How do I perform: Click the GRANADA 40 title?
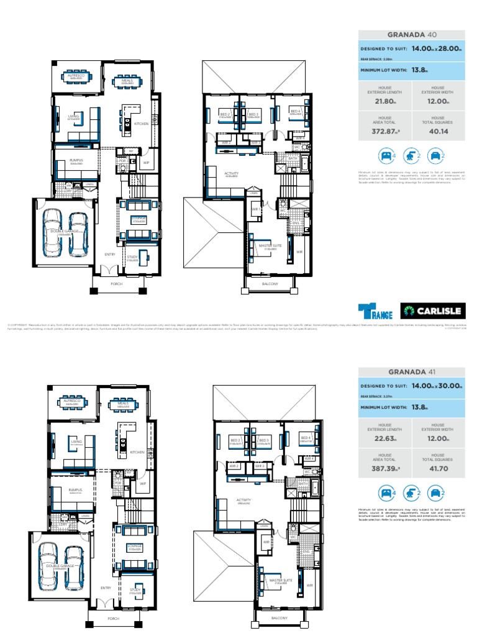411,35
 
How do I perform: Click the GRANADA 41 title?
411,372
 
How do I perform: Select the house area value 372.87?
384,131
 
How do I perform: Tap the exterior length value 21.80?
384,101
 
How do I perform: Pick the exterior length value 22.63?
384,438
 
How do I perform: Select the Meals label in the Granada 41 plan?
123,402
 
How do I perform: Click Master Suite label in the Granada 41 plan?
277,581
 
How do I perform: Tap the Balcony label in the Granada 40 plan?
270,284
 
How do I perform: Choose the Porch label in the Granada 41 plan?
112,619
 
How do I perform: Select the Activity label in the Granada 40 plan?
232,173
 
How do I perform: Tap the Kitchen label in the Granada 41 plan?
137,452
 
